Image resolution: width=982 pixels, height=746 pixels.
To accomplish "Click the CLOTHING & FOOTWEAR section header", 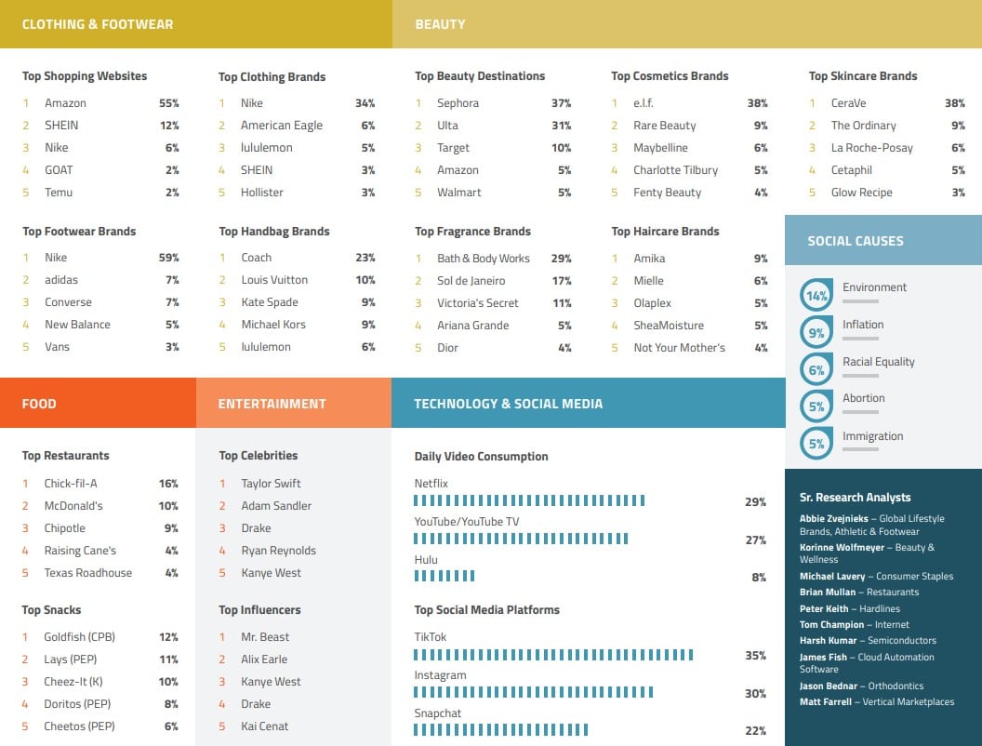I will click(98, 24).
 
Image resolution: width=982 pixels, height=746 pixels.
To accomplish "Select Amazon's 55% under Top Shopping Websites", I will click(168, 103).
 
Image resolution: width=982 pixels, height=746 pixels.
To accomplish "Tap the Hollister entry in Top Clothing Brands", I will click(261, 193).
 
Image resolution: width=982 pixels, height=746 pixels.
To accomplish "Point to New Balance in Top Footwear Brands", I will click(77, 325).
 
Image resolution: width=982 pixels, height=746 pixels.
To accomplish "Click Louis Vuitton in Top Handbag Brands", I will click(273, 280).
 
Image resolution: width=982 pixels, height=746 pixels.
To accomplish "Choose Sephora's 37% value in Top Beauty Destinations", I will click(561, 103).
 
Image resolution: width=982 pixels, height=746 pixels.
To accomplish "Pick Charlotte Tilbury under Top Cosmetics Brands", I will click(675, 170).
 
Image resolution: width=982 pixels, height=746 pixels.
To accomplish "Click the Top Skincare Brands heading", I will click(863, 76).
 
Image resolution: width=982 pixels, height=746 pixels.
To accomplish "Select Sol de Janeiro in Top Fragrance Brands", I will click(471, 281).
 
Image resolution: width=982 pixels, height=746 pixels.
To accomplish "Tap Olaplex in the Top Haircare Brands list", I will click(652, 303).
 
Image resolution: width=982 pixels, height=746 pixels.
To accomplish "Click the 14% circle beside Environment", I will click(816, 296).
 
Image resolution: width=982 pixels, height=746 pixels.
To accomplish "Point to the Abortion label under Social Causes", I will click(863, 398).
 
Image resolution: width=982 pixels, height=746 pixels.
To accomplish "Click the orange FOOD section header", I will click(39, 404).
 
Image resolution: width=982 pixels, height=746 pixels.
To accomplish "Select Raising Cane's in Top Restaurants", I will click(80, 551).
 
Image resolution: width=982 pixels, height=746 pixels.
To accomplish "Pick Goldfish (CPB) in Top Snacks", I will click(78, 637).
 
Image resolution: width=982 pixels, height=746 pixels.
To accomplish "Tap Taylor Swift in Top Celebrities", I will click(271, 484).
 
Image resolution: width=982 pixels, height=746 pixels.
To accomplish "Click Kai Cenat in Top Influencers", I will click(264, 726).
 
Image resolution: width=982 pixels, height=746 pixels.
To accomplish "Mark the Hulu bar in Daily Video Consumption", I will click(444, 577).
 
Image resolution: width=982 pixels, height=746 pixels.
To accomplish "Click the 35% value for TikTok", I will click(755, 656).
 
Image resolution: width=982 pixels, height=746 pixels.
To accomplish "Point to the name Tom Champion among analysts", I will click(831, 625).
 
